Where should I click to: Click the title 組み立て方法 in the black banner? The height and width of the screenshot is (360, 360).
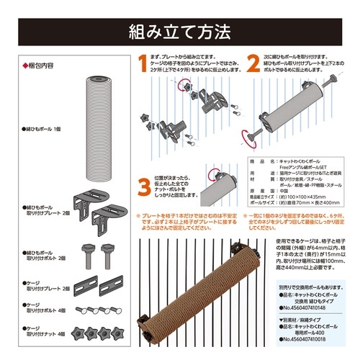179,32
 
